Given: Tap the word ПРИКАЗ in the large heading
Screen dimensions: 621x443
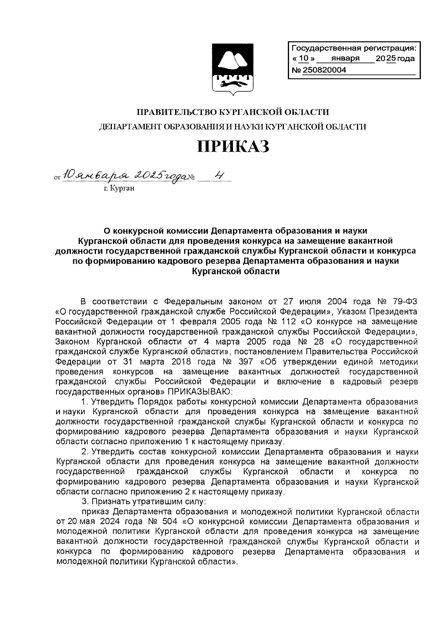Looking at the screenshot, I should (233, 147).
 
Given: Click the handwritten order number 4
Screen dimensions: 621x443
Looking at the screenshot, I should (219, 176).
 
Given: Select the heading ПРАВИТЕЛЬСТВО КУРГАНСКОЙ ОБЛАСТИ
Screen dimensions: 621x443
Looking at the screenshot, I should (233, 112).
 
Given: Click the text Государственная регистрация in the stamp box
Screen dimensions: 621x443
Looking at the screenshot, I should (353, 48).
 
